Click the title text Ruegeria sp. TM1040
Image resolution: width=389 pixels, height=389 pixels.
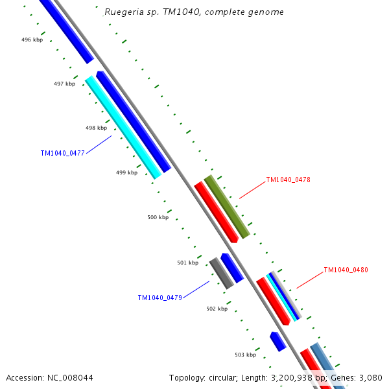coord(194,12)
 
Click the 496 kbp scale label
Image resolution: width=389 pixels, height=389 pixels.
coord(32,40)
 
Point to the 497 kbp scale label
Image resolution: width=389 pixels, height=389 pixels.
coord(64,84)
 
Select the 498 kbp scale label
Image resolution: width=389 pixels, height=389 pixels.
coord(96,128)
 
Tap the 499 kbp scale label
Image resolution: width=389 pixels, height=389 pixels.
coord(126,172)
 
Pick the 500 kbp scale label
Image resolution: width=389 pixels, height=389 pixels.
coord(158,217)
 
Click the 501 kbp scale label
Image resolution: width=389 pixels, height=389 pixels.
coord(187,263)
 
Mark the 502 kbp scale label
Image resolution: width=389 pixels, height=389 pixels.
coord(217,309)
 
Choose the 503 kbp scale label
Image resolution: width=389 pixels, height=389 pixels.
coord(245,355)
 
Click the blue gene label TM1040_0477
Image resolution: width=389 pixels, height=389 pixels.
coord(62,153)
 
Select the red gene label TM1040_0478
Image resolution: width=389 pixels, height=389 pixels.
coord(288,180)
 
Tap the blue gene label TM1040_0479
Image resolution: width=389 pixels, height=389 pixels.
coord(159,298)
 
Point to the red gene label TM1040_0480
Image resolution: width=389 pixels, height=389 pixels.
coord(346,270)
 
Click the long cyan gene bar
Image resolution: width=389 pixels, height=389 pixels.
coord(123,127)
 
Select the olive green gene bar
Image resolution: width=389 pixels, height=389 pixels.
coord(227,206)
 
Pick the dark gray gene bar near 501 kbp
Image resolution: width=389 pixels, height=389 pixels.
coord(221,273)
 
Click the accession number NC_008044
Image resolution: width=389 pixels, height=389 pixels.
coord(49,377)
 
